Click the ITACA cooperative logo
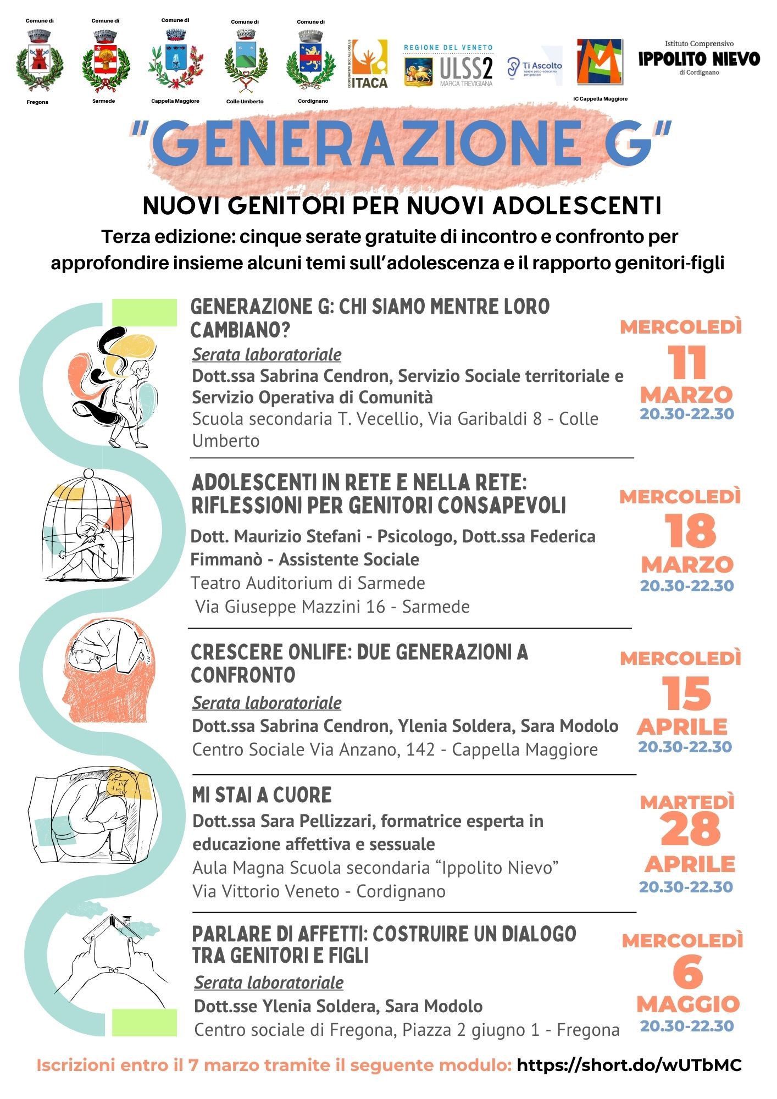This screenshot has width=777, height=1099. coord(369,64)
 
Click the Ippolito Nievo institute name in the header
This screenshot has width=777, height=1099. coord(699,58)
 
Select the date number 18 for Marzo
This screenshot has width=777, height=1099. coord(690,531)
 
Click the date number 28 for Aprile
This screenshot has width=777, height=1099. coord(690,830)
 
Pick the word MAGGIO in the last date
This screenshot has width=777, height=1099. coord(688,1004)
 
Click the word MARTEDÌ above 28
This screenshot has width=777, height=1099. coord(687,803)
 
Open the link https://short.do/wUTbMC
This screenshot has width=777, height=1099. coord(629,1065)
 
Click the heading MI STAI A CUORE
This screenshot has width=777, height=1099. coord(262,795)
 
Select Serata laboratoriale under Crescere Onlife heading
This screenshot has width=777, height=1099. coord(267,703)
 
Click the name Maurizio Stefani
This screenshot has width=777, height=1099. coord(297,536)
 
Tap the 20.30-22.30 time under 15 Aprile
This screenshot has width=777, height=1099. coord(685,747)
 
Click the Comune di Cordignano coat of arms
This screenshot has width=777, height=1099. coord(311,61)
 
